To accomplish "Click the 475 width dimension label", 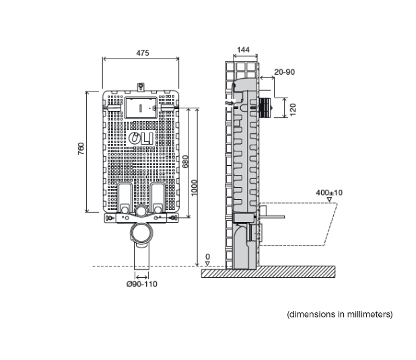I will pos(141,52).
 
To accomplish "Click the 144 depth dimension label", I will pos(243,50).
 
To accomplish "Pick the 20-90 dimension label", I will pos(284,71).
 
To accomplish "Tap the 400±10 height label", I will pos(329,192).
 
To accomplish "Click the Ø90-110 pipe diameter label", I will pos(141,284).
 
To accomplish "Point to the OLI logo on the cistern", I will pos(141,139).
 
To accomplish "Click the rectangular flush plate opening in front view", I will pos(141,107).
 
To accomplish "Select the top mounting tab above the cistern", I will pos(141,86).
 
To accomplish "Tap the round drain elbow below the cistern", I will pos(141,233).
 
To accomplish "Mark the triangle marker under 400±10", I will pos(328,200).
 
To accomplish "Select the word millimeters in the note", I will pos(366,314).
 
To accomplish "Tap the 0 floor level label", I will pos(207,257).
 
